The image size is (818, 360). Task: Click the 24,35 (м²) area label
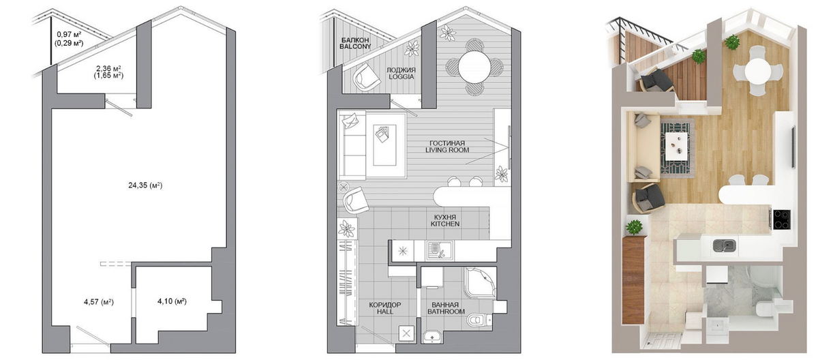145,185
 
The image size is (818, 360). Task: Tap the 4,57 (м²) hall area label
99,302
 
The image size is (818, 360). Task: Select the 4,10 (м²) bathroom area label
172,301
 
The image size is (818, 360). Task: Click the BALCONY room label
355,46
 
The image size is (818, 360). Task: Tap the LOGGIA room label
401,76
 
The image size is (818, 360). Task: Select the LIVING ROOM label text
447,150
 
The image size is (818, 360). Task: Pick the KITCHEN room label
444,224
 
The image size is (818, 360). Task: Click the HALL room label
385,312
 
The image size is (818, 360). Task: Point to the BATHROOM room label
446,312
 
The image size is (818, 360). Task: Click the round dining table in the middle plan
474,67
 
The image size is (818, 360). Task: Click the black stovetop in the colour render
782,219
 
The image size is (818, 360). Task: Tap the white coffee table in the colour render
676,147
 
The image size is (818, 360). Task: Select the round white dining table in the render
758,71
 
